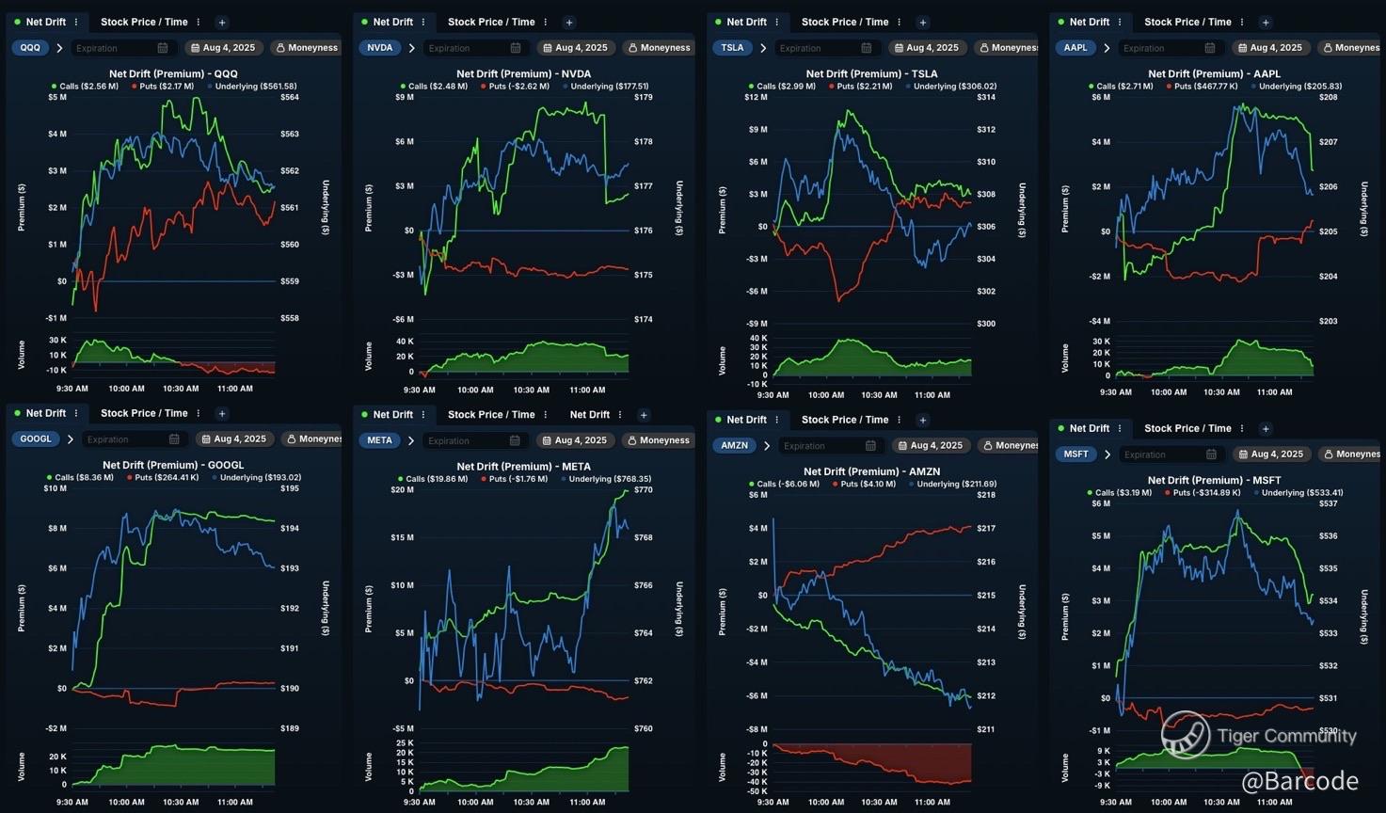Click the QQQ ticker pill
30,48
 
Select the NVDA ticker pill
379,48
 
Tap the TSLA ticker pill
732,48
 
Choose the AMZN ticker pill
734,446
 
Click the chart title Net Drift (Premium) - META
523,467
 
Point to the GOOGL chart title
173,465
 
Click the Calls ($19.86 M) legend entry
436,479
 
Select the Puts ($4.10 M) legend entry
861,485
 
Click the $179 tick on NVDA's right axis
644,97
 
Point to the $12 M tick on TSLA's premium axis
756,97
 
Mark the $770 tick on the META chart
644,490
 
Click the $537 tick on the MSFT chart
1328,503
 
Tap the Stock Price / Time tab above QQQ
144,23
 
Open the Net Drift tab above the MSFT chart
1089,429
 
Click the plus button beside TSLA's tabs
923,23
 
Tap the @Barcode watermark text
1299,781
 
